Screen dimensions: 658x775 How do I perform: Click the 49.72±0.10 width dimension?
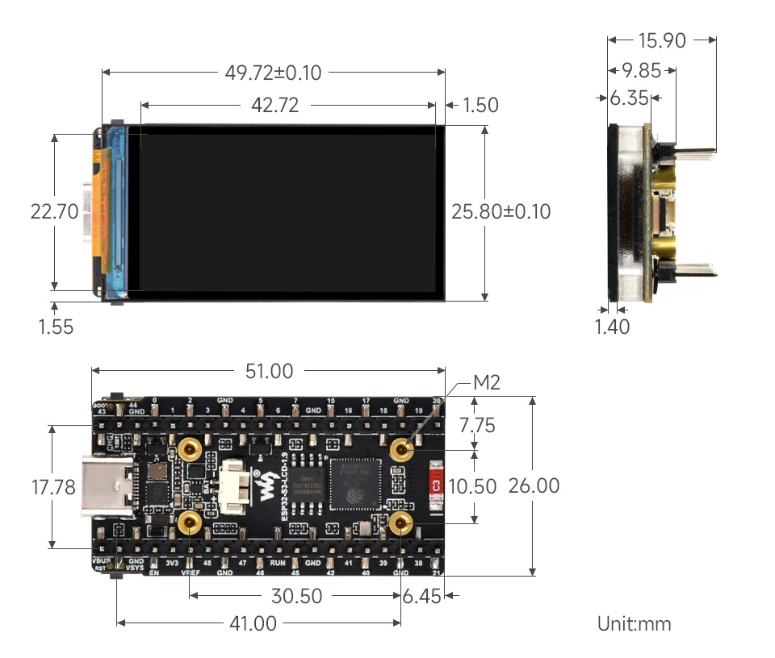(x=273, y=73)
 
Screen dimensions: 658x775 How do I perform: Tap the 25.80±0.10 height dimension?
(x=501, y=211)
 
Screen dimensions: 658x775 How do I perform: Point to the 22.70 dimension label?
(x=54, y=211)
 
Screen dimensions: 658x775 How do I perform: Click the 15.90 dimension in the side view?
(x=662, y=40)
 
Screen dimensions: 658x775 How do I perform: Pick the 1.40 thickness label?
(x=612, y=327)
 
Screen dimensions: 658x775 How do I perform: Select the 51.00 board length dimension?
(x=269, y=371)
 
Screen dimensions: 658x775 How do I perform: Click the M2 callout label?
(x=486, y=383)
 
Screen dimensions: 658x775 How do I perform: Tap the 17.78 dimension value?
(x=53, y=487)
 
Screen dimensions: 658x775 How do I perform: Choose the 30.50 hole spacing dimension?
(x=295, y=596)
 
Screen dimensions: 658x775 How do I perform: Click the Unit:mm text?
(x=634, y=623)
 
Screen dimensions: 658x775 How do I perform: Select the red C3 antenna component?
(x=436, y=486)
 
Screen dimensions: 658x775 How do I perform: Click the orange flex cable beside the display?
(x=100, y=206)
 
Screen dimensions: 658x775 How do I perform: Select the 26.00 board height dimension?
(x=534, y=486)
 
